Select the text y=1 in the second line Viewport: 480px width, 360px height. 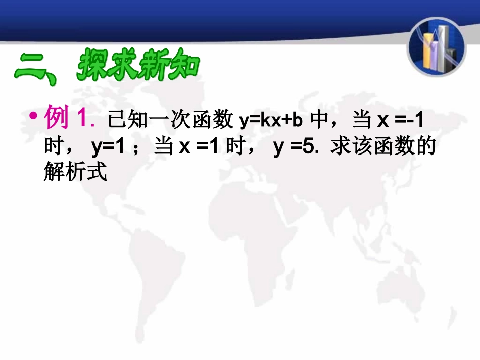pos(108,147)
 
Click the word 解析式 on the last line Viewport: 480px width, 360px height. pos(76,173)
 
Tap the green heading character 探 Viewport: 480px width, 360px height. pos(94,65)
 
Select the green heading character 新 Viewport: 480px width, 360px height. pos(154,65)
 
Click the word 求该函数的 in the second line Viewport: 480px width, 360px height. pos(382,147)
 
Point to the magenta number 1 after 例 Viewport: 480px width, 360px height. pos(83,119)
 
